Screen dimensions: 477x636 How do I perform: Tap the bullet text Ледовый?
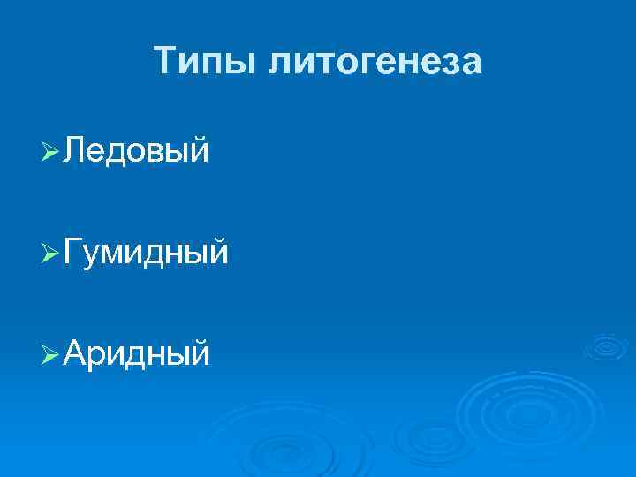click(x=137, y=151)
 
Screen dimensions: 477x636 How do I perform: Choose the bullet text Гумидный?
click(x=147, y=253)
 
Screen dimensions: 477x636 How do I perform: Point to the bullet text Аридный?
click(x=138, y=353)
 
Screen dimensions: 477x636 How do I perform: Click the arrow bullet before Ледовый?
click(x=50, y=152)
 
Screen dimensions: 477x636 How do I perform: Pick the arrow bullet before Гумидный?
click(x=50, y=254)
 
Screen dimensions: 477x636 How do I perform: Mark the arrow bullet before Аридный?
click(x=50, y=354)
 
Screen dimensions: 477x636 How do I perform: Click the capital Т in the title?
click(x=166, y=61)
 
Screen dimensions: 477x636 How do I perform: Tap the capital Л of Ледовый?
click(x=76, y=151)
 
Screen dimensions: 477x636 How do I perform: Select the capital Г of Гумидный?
click(x=74, y=253)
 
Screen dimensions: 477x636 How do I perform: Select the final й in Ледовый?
click(x=200, y=151)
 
